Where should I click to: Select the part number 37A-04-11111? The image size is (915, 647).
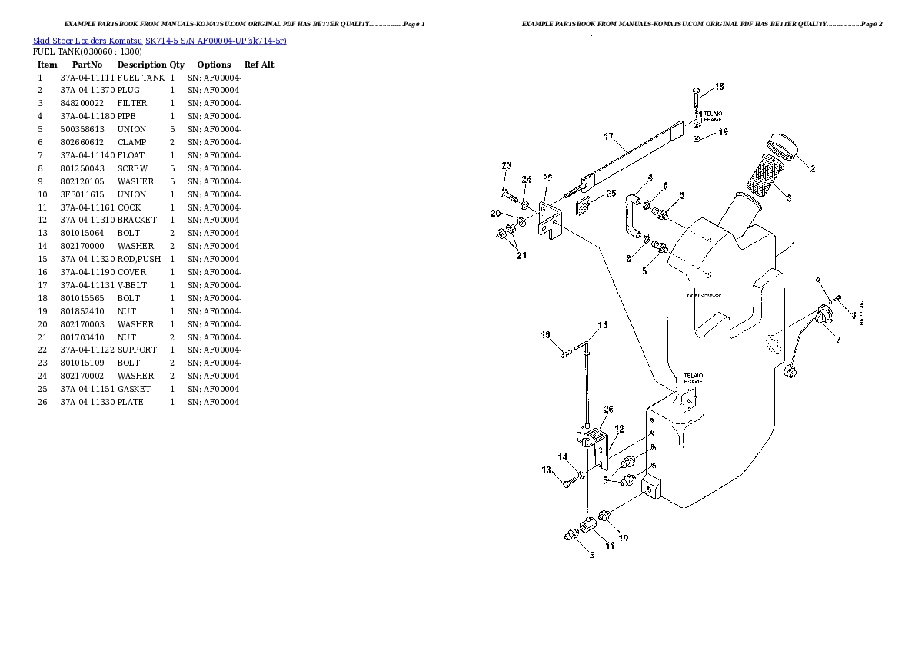tap(87, 78)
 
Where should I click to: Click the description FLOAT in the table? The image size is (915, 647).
tap(131, 155)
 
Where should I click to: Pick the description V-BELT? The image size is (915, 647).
tap(132, 285)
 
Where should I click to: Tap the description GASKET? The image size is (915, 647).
tap(134, 389)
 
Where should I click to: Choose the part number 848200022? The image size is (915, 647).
tap(82, 103)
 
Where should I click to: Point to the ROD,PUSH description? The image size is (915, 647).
tap(139, 259)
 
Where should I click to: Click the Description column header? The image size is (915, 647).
tap(141, 65)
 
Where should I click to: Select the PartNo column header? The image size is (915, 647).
tap(87, 65)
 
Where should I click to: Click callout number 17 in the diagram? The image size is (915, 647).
tap(608, 138)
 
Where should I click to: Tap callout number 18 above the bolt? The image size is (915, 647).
tap(719, 87)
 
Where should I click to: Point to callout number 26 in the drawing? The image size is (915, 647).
tap(608, 410)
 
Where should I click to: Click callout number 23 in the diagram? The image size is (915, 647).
tap(506, 166)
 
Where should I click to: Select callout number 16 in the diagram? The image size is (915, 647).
tap(546, 334)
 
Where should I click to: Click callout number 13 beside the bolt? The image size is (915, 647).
tap(547, 470)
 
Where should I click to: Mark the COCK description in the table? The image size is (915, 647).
tap(129, 207)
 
